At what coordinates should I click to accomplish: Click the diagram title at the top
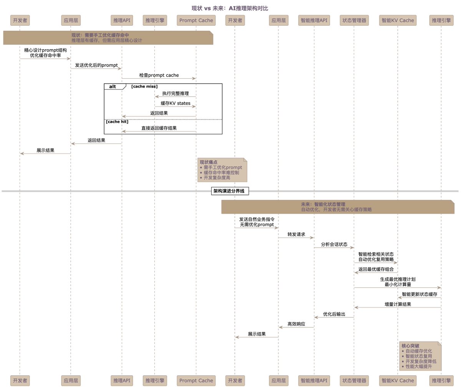(230, 8)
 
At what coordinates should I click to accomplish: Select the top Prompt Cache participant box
(196, 20)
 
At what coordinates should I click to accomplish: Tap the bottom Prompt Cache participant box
(196, 381)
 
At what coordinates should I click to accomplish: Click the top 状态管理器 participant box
(354, 20)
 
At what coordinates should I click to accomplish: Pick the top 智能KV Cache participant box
(398, 20)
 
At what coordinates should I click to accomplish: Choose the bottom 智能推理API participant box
(314, 381)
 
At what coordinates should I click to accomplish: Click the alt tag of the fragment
(113, 87)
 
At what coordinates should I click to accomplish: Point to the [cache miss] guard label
(144, 87)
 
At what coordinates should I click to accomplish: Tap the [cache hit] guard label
(117, 122)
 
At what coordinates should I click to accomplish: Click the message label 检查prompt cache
(159, 75)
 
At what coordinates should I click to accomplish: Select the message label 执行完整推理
(175, 93)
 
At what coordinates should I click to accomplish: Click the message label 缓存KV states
(175, 103)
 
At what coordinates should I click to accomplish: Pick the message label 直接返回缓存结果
(159, 128)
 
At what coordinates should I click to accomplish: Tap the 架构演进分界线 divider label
(230, 191)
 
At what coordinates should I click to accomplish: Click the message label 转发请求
(296, 234)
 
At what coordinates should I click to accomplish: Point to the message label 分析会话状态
(334, 244)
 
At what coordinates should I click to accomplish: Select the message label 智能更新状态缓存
(419, 294)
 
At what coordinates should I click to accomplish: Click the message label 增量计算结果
(398, 304)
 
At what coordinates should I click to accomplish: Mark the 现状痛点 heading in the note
(208, 162)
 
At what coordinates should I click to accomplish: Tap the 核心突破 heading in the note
(410, 346)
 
